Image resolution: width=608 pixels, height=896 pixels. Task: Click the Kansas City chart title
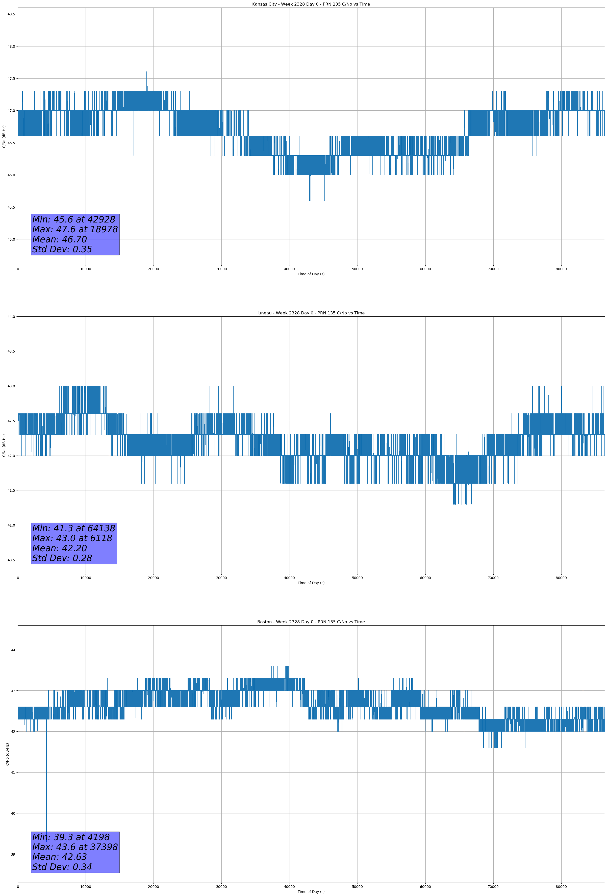click(x=311, y=4)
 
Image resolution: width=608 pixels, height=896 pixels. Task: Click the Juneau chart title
click(x=311, y=313)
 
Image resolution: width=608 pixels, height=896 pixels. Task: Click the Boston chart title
click(x=311, y=622)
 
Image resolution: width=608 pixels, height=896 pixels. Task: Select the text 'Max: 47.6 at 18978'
click(x=75, y=229)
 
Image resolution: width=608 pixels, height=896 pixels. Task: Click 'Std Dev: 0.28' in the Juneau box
click(x=62, y=558)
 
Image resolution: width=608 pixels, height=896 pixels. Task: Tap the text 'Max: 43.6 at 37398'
click(x=75, y=847)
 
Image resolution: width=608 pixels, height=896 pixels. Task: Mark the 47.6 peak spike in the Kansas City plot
click(x=147, y=73)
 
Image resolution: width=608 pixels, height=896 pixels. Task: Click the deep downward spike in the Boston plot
click(x=46, y=790)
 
